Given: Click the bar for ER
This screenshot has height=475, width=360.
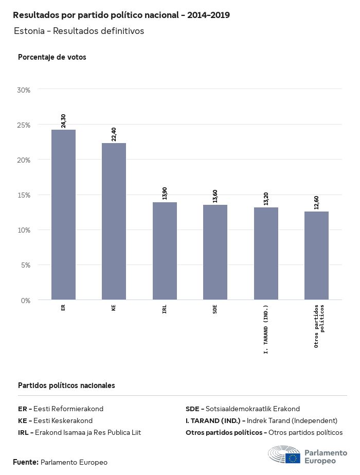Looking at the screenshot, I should [x=63, y=215].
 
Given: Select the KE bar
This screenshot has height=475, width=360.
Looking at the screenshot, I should [x=114, y=221].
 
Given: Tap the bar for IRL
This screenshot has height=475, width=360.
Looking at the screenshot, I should [x=165, y=251].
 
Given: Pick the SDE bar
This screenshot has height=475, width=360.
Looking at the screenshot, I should [x=215, y=252].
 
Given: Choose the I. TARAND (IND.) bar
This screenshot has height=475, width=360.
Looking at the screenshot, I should [x=266, y=254].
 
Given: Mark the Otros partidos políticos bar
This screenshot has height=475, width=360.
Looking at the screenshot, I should [x=316, y=256].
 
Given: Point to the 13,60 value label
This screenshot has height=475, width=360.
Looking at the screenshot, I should [x=215, y=196].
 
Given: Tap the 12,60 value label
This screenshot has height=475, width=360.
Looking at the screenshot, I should [x=316, y=203].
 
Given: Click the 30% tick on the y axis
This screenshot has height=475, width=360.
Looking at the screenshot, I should [x=24, y=90].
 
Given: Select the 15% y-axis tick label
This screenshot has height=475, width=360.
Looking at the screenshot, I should [x=24, y=195].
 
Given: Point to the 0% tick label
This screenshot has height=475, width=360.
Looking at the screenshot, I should [x=26, y=301].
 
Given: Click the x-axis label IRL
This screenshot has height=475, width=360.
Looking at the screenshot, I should [x=165, y=310].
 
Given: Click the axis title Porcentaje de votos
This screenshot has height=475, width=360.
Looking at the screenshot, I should [x=52, y=57].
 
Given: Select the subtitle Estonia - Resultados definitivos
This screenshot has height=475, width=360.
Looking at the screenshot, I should [x=79, y=31].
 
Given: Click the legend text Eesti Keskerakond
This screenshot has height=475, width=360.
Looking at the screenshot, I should [x=63, y=420].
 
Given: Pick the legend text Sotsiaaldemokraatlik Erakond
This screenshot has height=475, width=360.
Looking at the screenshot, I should [x=253, y=409].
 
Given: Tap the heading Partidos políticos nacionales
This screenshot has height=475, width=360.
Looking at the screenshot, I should [x=66, y=385].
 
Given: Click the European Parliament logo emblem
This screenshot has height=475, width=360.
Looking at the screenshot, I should [x=284, y=455].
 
